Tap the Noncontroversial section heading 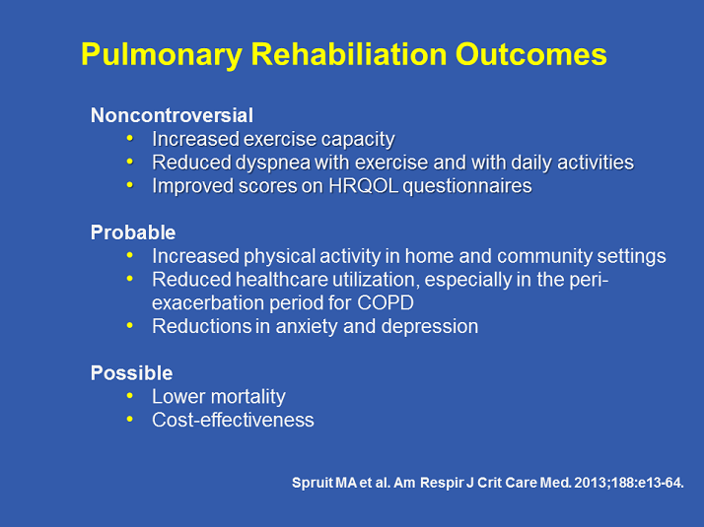coord(172,115)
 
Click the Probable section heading coord(133,232)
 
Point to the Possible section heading coord(131,373)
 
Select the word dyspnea coord(261,163)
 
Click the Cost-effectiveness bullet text coord(233,421)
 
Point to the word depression coord(431,326)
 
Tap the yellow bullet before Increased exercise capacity coord(132,139)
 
